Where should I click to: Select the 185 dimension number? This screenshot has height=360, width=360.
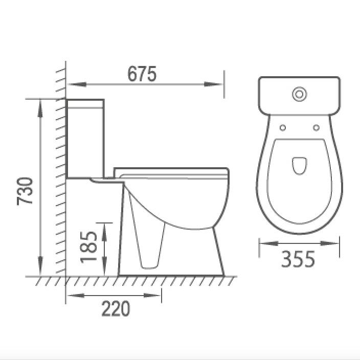[x=91, y=247]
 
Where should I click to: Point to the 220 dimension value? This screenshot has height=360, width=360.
[x=116, y=309]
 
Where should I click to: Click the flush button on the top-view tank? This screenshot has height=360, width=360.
[x=299, y=94]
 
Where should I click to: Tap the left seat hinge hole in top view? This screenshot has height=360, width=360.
[x=282, y=127]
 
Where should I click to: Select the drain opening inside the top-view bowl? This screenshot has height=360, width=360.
[x=299, y=165]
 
